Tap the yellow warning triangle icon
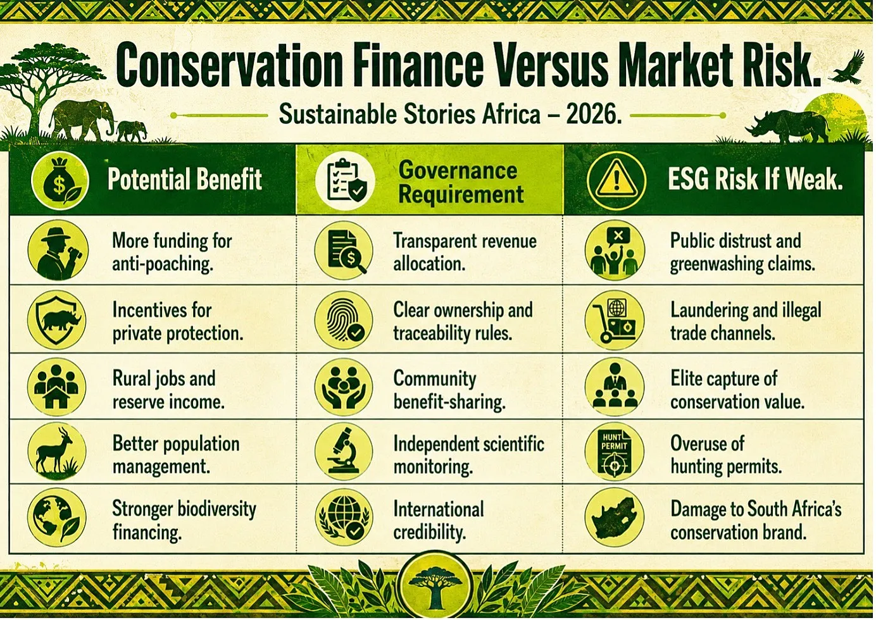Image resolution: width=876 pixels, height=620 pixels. (616, 182)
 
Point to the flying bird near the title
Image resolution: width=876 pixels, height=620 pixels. (849, 67)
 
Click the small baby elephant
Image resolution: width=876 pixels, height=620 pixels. (132, 131)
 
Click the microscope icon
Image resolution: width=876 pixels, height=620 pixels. (344, 452)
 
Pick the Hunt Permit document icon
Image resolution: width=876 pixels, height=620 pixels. (615, 452)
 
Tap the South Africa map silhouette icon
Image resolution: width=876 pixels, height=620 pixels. (615, 517)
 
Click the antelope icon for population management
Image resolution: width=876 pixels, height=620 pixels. (57, 452)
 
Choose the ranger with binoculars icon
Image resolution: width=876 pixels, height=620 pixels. (58, 250)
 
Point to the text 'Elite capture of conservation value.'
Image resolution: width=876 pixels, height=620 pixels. (737, 390)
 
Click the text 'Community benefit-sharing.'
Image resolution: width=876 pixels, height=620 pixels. (449, 390)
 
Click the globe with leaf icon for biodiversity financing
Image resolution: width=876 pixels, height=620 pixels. (57, 517)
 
